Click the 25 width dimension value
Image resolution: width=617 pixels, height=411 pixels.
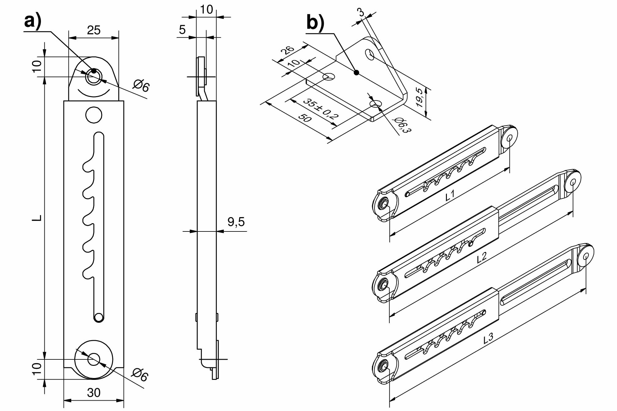tap(93, 30)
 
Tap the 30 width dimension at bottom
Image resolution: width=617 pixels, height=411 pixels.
tap(93, 393)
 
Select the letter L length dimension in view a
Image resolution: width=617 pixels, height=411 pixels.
tap(38, 218)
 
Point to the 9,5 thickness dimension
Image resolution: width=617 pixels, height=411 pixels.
tap(236, 222)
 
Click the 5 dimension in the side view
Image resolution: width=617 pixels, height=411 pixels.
tap(182, 30)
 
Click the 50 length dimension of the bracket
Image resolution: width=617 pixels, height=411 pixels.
tap(305, 118)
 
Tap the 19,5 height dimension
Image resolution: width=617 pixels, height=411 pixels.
tap(421, 97)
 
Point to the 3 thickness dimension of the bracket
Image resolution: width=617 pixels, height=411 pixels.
tap(361, 12)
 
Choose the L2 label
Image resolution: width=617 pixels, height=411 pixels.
tap(481, 257)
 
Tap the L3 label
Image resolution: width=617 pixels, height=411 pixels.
tap(488, 338)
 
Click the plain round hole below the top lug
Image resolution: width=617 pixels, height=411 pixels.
tap(94, 115)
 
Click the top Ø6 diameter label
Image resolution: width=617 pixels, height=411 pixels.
tap(141, 85)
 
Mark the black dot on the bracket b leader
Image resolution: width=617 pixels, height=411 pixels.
tap(356, 72)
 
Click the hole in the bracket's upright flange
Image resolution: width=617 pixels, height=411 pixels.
tap(370, 54)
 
